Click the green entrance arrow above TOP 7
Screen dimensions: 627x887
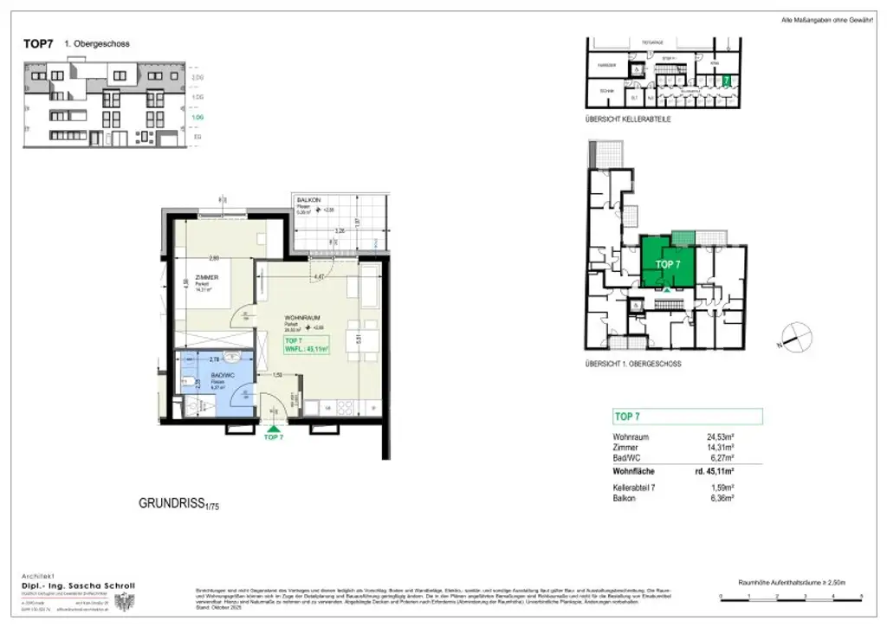[x=274, y=427]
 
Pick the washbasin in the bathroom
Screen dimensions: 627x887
[x=229, y=356]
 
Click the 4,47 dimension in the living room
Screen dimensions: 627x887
[x=319, y=277]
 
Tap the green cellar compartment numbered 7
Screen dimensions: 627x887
[x=727, y=80]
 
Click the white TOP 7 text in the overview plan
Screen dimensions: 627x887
[x=668, y=263]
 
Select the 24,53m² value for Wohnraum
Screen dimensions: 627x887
[x=720, y=437]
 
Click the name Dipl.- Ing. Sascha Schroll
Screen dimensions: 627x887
[x=78, y=586]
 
